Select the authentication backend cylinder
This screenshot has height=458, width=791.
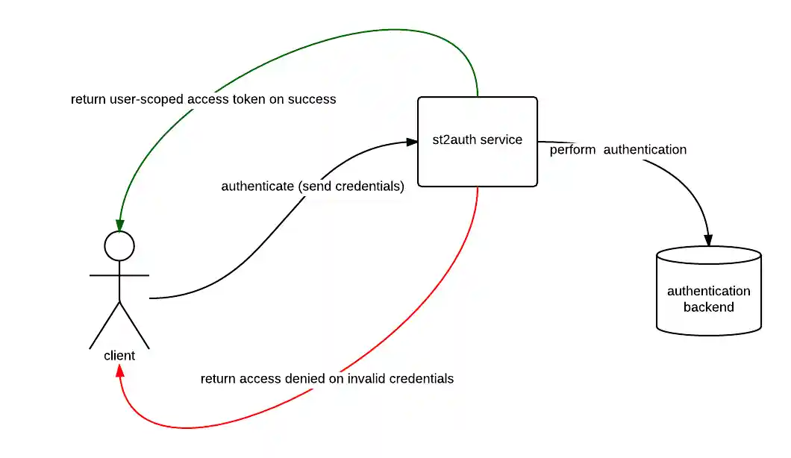[708, 291]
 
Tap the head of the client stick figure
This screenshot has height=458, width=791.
[119, 245]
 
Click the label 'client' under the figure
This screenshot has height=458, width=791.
[119, 356]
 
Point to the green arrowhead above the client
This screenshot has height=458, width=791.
[119, 225]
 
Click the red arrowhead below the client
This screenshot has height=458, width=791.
[119, 371]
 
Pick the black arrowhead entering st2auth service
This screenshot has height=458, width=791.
[412, 141]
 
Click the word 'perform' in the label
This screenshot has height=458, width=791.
[572, 150]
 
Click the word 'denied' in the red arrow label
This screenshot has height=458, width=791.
[304, 379]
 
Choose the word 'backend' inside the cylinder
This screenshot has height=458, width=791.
[708, 307]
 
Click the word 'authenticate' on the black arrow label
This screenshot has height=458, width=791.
[257, 186]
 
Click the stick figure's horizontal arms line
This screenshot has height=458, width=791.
[119, 275]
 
